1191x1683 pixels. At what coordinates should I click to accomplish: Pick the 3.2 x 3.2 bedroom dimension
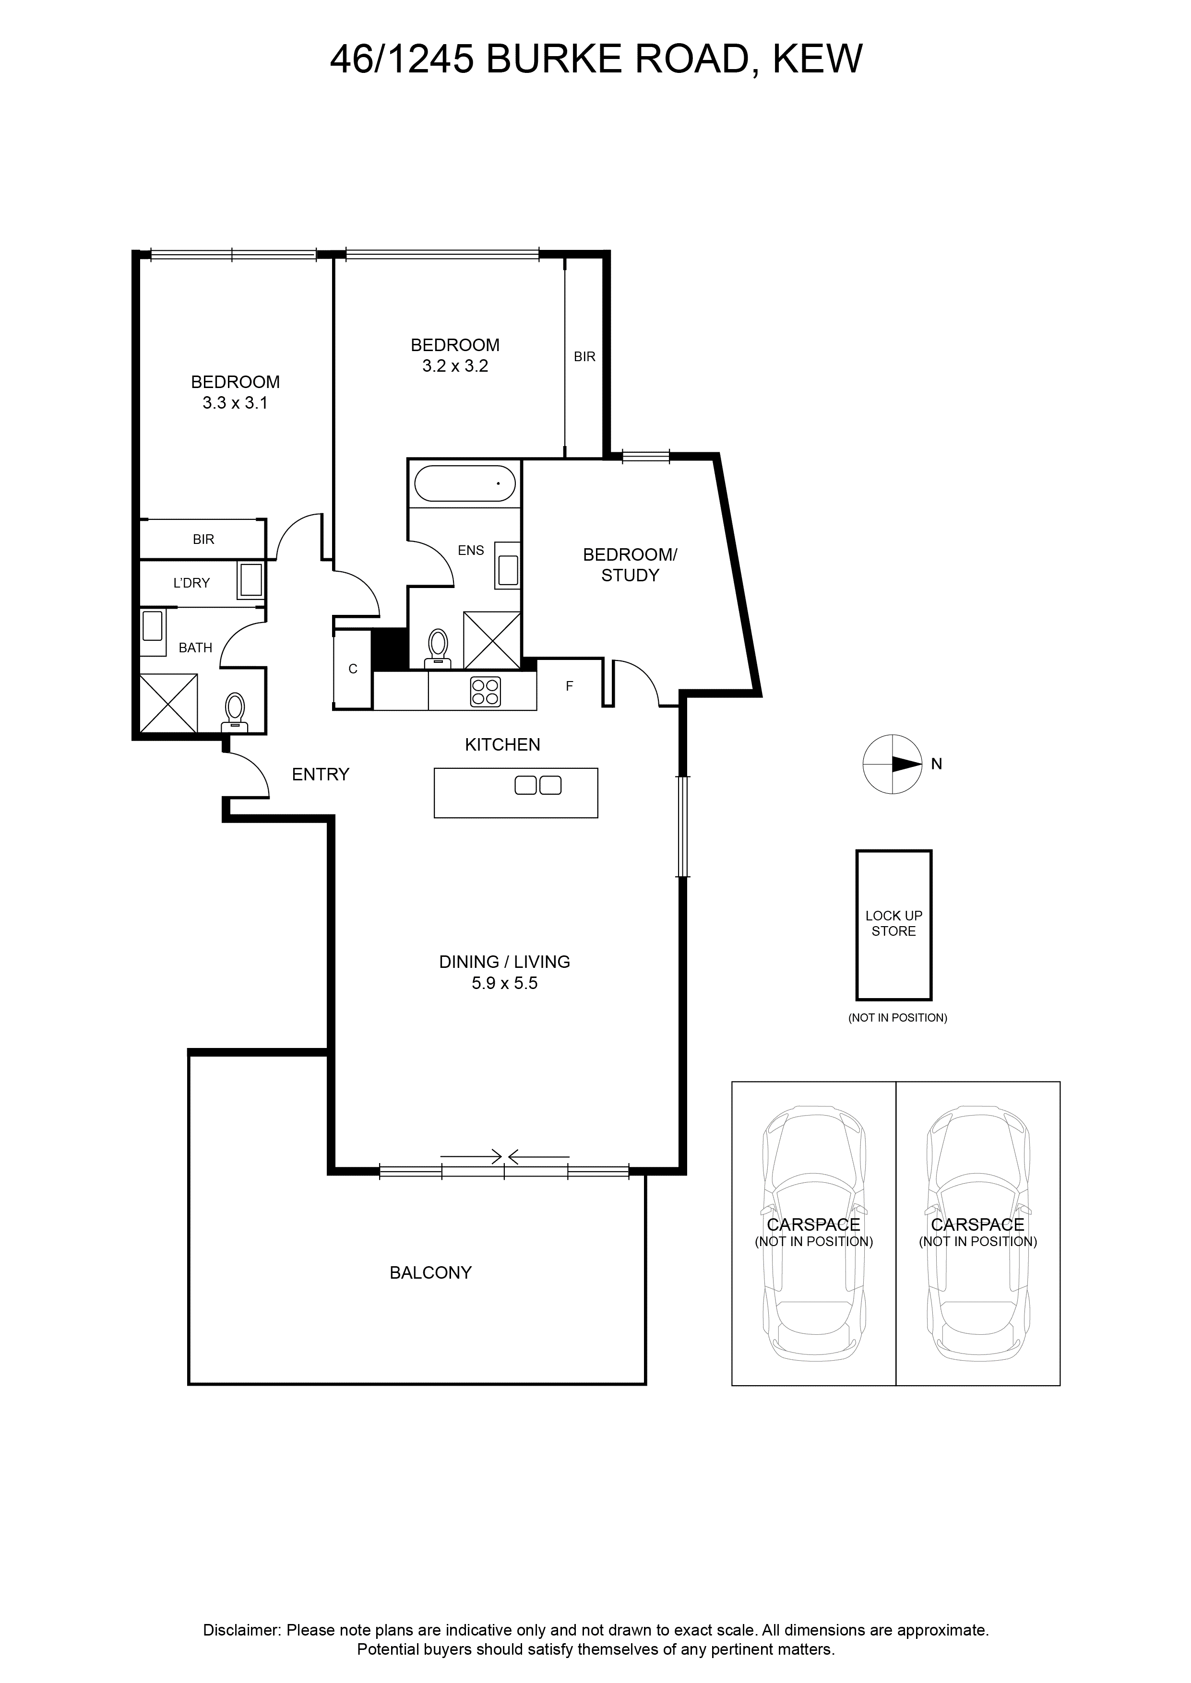455,366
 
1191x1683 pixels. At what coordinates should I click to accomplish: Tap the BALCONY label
430,1272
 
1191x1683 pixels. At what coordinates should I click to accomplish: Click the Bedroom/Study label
630,565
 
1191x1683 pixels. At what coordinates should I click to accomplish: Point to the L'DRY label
191,583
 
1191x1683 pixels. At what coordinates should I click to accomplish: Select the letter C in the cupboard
353,669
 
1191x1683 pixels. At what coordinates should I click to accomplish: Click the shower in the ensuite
491,640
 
